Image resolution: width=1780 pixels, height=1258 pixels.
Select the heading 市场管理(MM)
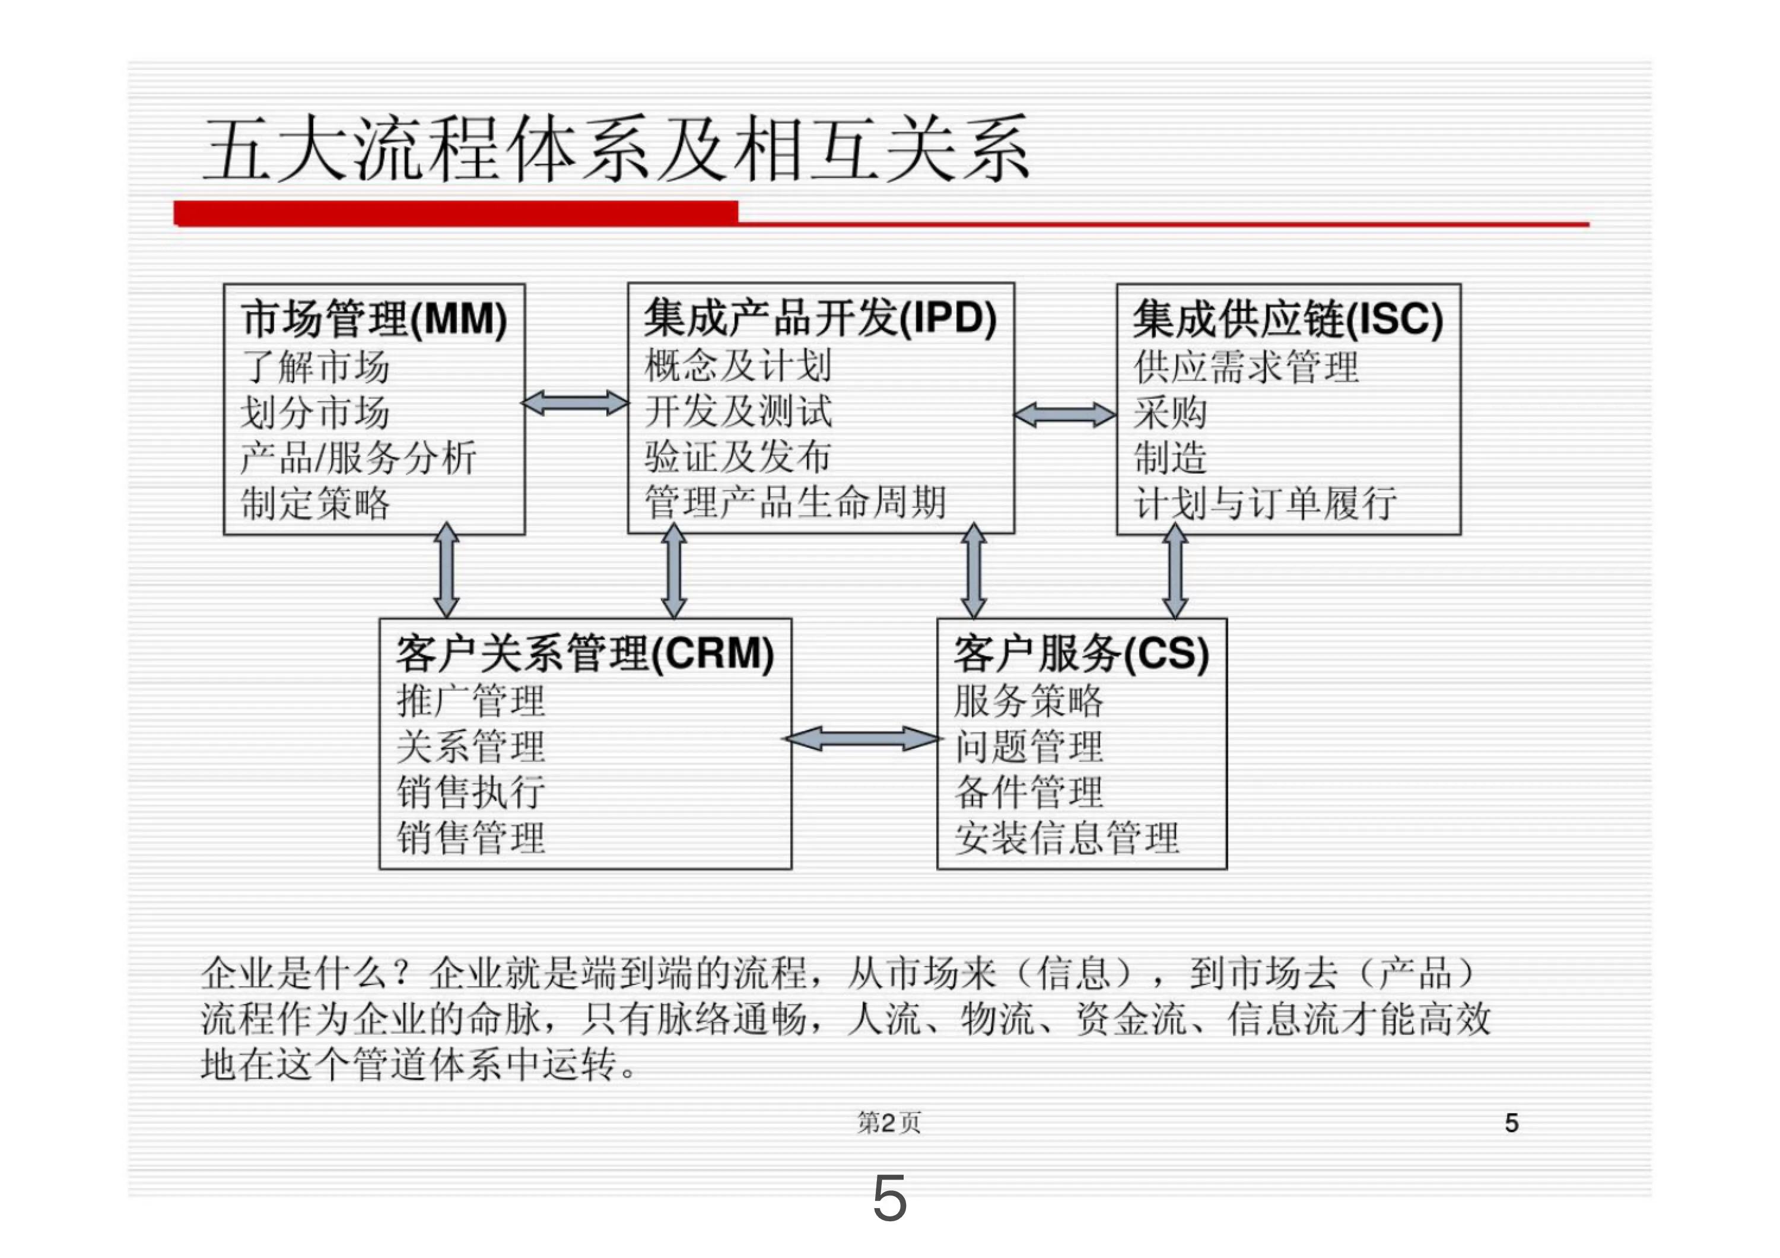coord(374,319)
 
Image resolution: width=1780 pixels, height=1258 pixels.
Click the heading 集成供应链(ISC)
coord(1287,319)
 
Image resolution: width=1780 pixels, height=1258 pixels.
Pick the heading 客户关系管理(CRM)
coord(584,653)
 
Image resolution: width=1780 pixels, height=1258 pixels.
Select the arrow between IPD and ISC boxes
coord(1065,415)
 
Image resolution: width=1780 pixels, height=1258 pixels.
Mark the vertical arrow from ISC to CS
coord(1175,570)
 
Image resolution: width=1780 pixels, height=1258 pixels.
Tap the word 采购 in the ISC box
coord(1170,413)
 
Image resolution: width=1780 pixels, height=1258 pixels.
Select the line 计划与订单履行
coord(1264,503)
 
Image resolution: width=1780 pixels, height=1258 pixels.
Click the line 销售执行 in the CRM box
coord(471,792)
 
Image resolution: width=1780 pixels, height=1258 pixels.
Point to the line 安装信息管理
coord(1066,838)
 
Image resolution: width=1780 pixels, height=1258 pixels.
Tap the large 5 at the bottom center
coord(889,1198)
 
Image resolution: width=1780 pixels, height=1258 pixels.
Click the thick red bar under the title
coord(456,213)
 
